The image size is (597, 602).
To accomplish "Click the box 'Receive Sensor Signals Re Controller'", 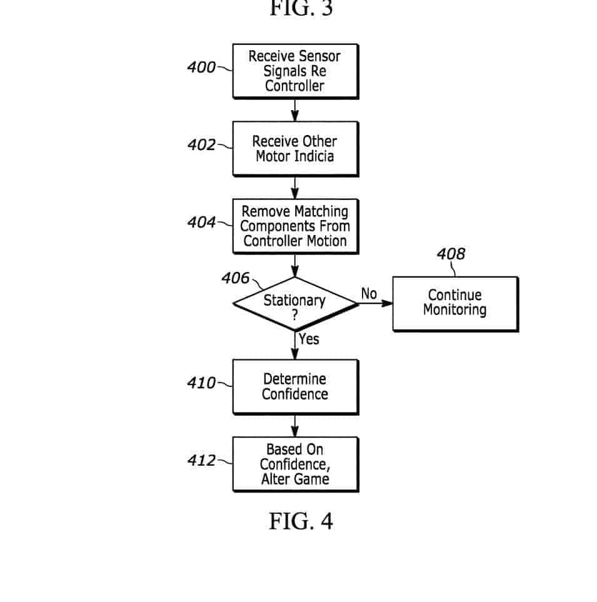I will point(295,71).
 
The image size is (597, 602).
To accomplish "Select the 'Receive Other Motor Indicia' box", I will point(295,149).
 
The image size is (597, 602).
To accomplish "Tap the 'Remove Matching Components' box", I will point(295,226).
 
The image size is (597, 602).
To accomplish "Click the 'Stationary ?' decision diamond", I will point(295,304).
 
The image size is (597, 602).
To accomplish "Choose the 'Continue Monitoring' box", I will point(454,303).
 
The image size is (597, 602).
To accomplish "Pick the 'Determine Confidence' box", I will point(295,386).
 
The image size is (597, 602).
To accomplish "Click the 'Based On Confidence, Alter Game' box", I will point(295,464).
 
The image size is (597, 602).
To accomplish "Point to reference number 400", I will point(201,67).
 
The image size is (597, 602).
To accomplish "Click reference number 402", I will point(201,145).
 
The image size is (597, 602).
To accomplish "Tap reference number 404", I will point(201,223).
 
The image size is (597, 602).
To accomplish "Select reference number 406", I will point(235,279).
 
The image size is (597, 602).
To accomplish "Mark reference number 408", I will point(451,254).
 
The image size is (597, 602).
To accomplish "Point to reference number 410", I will point(201,383).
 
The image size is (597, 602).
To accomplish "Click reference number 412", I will point(201,461).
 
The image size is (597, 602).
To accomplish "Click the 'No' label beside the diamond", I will point(369,294).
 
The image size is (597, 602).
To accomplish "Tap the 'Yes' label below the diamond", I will point(309,339).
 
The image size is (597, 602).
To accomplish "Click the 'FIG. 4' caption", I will point(301,521).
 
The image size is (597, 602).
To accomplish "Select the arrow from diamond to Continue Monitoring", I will point(375,304).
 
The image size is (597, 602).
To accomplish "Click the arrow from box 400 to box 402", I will point(295,110).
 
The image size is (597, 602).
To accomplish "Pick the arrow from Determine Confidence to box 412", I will point(295,426).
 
